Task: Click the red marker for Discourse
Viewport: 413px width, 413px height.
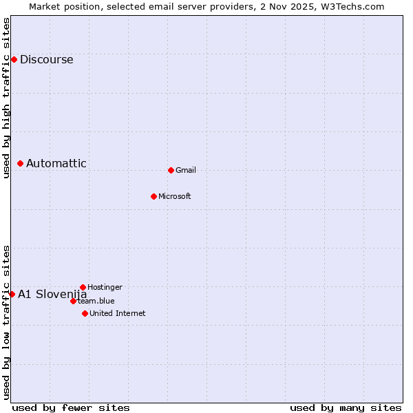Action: pos(14,59)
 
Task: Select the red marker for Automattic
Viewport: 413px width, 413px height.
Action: pos(21,163)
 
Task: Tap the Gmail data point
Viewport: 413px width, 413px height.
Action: pos(171,170)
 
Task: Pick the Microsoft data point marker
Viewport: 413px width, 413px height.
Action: pos(153,196)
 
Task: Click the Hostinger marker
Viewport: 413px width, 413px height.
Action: pos(83,287)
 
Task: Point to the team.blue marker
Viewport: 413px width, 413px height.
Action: pos(73,301)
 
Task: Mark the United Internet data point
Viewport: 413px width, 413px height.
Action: pos(85,313)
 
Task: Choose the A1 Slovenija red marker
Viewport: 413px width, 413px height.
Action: pos(12,294)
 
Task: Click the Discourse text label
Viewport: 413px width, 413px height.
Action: pos(46,59)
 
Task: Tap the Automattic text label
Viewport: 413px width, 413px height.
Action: pos(56,163)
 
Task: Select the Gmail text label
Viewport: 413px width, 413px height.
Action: pos(186,170)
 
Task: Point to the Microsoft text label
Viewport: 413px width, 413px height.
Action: pos(175,196)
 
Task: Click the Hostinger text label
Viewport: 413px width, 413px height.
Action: pos(105,287)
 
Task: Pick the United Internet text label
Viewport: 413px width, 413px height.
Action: pos(118,313)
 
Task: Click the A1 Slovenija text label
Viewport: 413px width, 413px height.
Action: pos(52,294)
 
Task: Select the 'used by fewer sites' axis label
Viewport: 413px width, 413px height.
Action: pos(71,407)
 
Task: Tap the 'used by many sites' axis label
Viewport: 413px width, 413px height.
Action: pos(346,407)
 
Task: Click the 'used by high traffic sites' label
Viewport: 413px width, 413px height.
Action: pos(6,98)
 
